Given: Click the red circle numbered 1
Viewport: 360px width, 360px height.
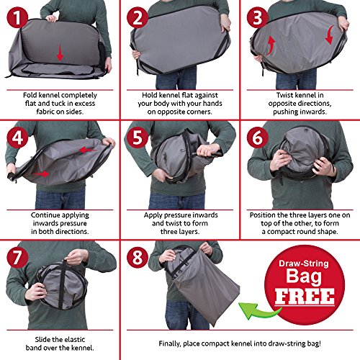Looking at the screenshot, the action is tap(17, 17).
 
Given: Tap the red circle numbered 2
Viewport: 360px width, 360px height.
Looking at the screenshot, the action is tap(138, 17).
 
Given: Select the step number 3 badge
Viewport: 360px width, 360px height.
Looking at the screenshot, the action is tap(258, 17).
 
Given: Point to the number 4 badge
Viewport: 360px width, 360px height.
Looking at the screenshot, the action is tap(17, 138).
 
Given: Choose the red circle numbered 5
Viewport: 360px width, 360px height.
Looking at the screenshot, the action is tap(138, 138).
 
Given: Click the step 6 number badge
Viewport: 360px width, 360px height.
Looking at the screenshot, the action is tap(258, 138).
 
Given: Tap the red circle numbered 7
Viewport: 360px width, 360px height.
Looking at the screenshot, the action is tap(17, 258).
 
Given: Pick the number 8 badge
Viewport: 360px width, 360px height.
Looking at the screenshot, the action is tap(138, 258).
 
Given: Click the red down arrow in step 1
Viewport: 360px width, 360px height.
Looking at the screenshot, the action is tap(60, 53).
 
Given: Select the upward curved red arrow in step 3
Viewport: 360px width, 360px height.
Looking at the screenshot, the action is tap(271, 45).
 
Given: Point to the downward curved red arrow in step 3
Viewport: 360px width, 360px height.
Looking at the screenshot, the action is tap(330, 35).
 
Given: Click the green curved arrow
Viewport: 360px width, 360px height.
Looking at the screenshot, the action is tap(258, 310).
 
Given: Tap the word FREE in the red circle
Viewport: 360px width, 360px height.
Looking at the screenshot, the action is tap(305, 297).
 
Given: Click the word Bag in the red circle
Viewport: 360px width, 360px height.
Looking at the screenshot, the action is tap(304, 277).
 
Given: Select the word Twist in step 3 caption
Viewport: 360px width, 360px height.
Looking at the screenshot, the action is tap(284, 95).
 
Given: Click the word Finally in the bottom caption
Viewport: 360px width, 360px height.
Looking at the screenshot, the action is tap(170, 343).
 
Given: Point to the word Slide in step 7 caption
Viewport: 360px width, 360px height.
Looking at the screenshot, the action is tap(42, 339).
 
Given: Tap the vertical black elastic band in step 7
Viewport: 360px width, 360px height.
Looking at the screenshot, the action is tap(63, 284).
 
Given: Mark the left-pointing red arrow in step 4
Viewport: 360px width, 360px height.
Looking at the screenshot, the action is tap(87, 150).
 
